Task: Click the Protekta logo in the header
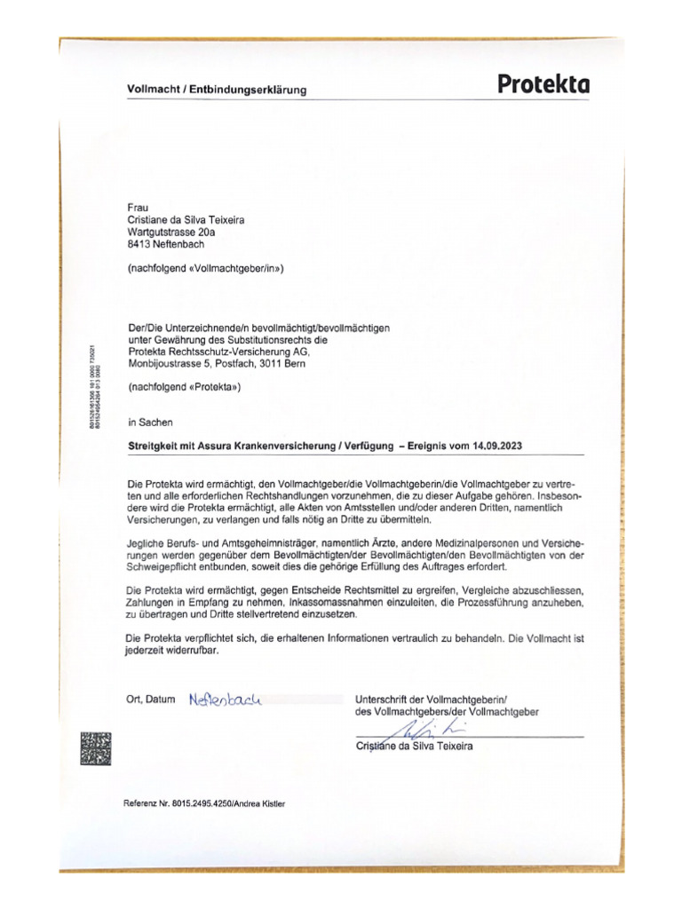click(x=543, y=85)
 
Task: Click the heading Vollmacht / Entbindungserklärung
click(x=217, y=91)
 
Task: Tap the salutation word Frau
click(x=139, y=205)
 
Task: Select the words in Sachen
click(x=151, y=423)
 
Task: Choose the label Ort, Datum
click(x=152, y=700)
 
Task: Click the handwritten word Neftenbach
click(x=226, y=700)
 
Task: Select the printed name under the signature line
click(x=414, y=747)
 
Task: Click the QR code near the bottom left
click(x=96, y=747)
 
